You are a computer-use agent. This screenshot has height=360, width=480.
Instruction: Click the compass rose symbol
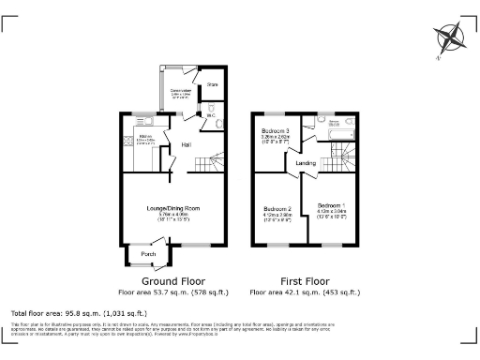[x=450, y=37]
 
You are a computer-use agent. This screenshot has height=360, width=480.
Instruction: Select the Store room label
[x=212, y=85]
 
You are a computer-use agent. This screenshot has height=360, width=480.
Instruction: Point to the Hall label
[x=187, y=144]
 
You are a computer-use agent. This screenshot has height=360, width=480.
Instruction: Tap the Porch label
[x=148, y=254]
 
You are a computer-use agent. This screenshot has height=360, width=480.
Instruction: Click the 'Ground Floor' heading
[x=173, y=280]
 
